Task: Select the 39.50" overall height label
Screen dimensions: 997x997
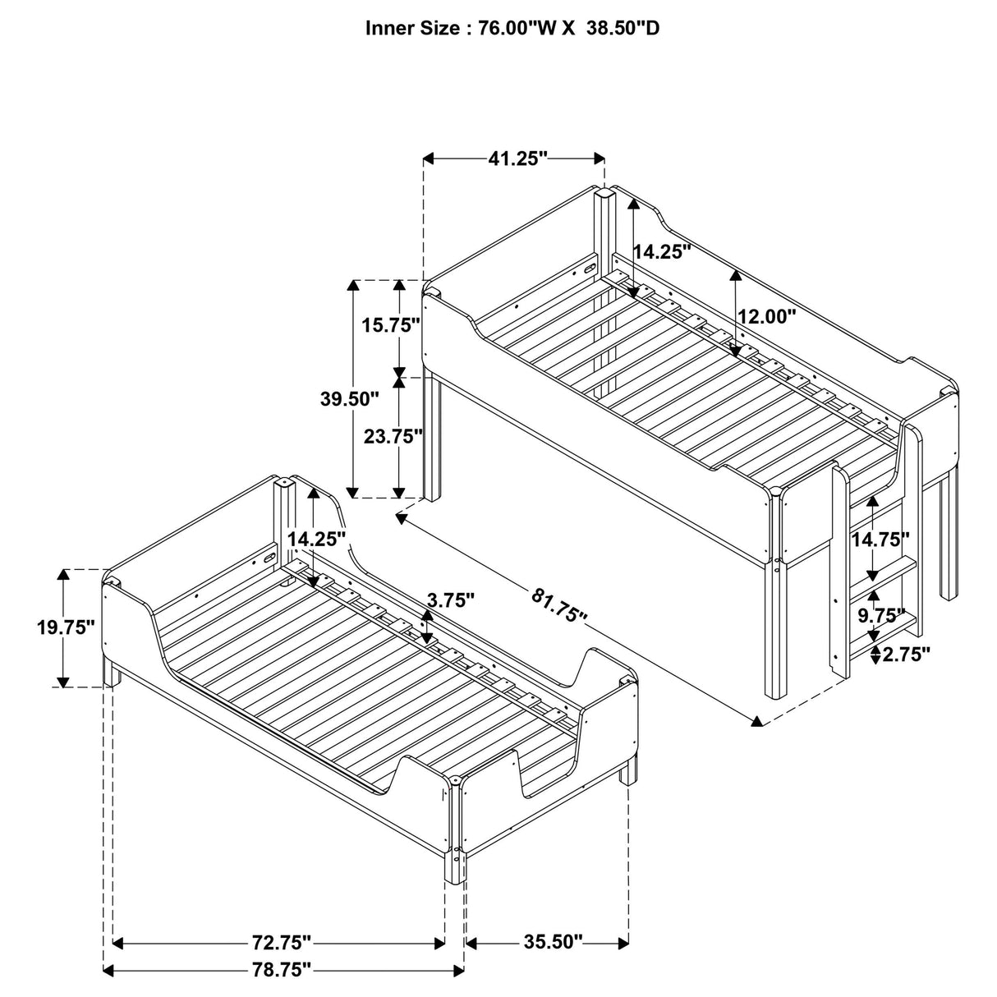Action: click(350, 399)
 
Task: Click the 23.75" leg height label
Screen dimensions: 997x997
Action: click(393, 436)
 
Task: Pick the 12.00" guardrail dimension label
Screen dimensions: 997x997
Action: click(767, 316)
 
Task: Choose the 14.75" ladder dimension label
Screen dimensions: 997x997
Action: click(880, 540)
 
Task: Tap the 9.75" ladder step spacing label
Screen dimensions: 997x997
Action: click(880, 615)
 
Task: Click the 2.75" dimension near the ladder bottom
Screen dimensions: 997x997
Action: click(904, 655)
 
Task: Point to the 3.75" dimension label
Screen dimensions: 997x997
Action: click(450, 600)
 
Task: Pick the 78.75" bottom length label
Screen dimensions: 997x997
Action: click(282, 970)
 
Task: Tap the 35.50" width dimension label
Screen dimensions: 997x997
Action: click(553, 940)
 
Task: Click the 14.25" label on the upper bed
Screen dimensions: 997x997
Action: click(663, 252)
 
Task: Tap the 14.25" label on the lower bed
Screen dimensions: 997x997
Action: click(317, 540)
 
